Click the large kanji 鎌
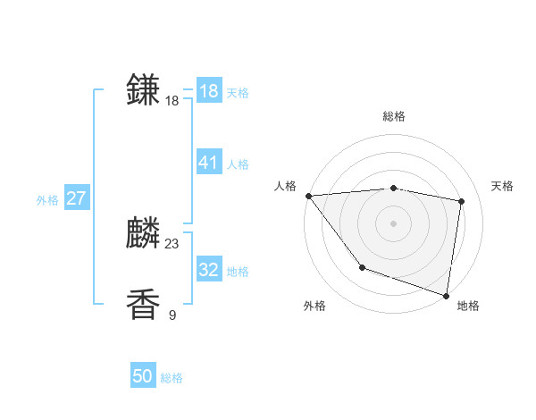(144, 89)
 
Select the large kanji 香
(144, 305)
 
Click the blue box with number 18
(208, 90)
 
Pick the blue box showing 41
(208, 162)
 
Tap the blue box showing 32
(208, 269)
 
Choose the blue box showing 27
(76, 197)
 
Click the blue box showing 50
(142, 376)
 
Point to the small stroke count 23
(172, 243)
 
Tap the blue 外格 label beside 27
(47, 200)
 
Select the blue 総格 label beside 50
(172, 378)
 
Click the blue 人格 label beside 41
(238, 164)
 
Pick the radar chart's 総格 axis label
(393, 116)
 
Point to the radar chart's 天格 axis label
(502, 186)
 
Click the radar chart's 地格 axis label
(468, 306)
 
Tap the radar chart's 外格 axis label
(314, 306)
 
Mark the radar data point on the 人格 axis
(308, 196)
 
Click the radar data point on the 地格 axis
(446, 295)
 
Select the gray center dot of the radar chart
(393, 223)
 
